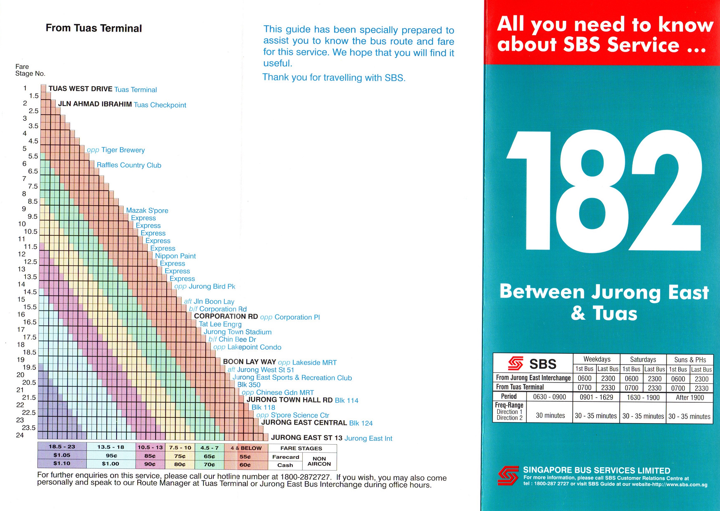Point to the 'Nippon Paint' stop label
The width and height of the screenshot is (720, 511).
point(175,256)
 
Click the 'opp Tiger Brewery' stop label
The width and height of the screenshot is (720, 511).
point(116,150)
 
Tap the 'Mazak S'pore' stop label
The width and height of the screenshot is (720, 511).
point(147,210)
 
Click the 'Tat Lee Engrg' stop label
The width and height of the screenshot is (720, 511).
point(220,324)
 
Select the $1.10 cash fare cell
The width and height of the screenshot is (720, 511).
point(62,463)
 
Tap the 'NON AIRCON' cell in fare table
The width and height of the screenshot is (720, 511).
point(319,461)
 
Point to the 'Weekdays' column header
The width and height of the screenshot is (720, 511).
point(597,359)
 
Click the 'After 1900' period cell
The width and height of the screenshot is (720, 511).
point(689,398)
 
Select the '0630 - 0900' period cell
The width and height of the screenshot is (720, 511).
point(549,397)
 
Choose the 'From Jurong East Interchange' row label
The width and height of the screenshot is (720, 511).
point(533,378)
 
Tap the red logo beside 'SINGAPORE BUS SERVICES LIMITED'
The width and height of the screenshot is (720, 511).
point(508,475)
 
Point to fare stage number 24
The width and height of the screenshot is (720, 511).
point(20,435)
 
